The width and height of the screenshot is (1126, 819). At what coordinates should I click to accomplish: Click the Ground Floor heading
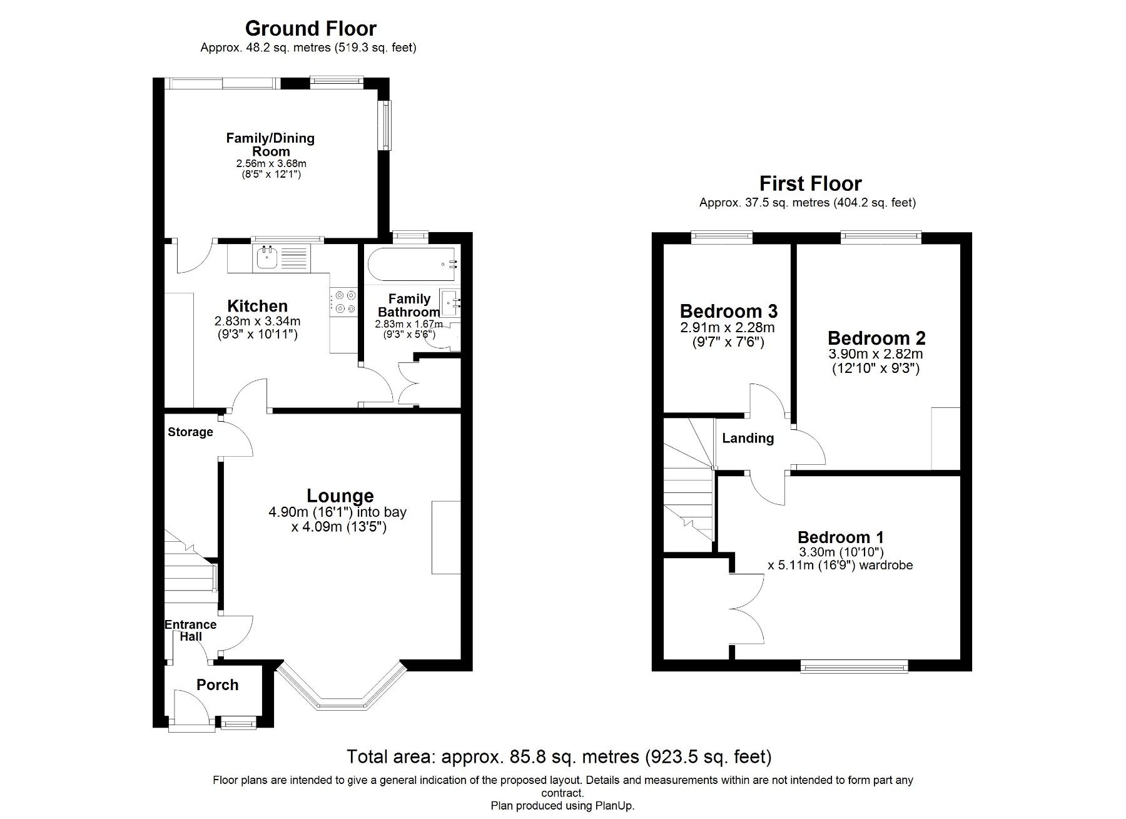pyautogui.click(x=310, y=29)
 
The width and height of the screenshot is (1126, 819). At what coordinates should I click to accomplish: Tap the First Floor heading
pyautogui.click(x=810, y=184)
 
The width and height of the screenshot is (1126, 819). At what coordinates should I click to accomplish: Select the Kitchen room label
pyautogui.click(x=257, y=306)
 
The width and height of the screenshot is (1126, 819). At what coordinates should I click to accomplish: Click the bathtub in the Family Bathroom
pyautogui.click(x=411, y=264)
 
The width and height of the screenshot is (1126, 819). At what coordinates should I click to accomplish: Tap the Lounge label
pyautogui.click(x=340, y=496)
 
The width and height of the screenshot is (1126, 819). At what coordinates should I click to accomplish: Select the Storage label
pyautogui.click(x=190, y=432)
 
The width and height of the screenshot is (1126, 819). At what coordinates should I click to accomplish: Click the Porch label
pyautogui.click(x=217, y=685)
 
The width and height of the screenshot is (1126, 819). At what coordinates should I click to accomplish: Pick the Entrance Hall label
pyautogui.click(x=190, y=631)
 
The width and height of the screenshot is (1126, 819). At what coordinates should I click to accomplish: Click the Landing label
pyautogui.click(x=748, y=439)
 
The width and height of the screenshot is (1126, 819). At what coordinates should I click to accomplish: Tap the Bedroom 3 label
pyautogui.click(x=728, y=311)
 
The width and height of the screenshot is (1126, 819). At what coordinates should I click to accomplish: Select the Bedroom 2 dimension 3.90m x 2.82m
pyautogui.click(x=875, y=354)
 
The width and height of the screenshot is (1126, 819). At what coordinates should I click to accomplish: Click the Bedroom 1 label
pyautogui.click(x=840, y=537)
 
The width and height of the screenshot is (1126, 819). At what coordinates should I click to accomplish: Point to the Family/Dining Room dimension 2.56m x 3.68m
pyautogui.click(x=271, y=164)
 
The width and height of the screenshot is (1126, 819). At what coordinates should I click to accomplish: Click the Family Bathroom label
pyautogui.click(x=409, y=305)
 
